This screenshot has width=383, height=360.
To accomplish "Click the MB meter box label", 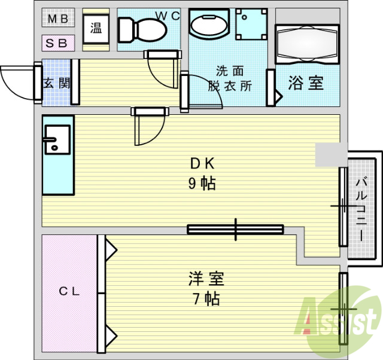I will [x=58, y=19].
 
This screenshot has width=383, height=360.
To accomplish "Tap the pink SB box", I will [x=58, y=43].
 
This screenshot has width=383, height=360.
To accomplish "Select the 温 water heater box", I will [x=96, y=28].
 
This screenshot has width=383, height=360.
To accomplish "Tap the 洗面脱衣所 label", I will [x=230, y=79].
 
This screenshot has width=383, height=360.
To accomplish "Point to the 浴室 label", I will [x=306, y=83].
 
